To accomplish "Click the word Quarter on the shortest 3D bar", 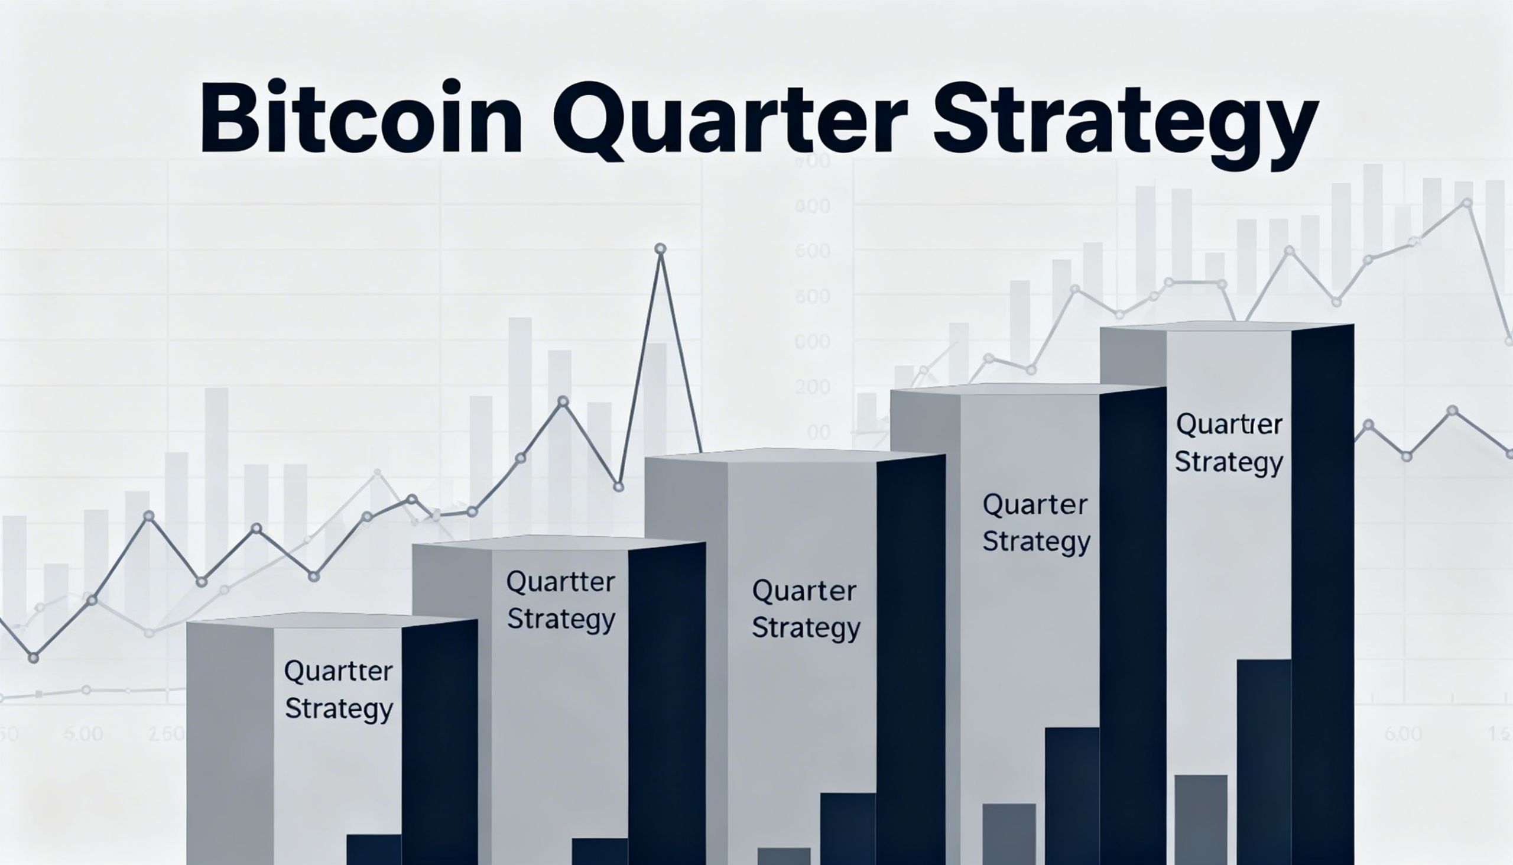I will (338, 671).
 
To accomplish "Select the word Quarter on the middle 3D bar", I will (804, 591).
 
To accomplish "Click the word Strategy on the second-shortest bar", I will (561, 620).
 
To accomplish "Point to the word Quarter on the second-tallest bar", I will (1035, 505).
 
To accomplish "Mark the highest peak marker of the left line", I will (660, 248).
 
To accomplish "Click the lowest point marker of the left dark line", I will (34, 657).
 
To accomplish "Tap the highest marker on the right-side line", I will (1467, 203).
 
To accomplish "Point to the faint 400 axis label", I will (812, 206).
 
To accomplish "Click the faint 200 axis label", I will (812, 387).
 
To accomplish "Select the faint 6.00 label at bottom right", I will (1402, 734).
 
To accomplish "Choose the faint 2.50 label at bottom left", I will (166, 734).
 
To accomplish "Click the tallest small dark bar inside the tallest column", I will (1264, 760).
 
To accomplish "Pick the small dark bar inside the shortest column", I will (374, 849).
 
